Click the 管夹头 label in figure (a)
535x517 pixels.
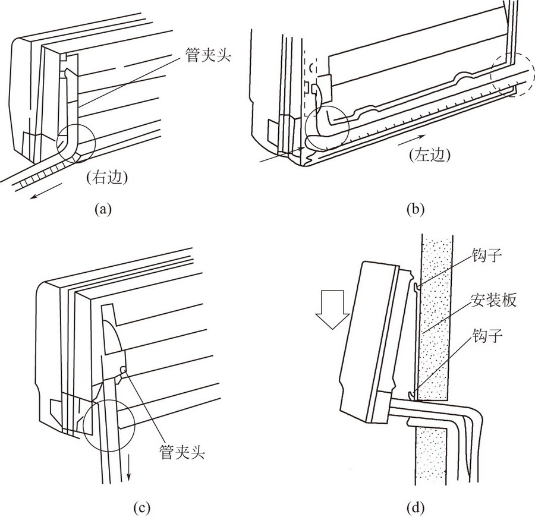coord(208,55)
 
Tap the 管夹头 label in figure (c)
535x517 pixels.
coord(182,453)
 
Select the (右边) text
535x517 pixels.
coord(107,177)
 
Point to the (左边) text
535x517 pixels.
coord(430,155)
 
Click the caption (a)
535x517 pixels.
coord(103,209)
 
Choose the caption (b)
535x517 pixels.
coord(416,209)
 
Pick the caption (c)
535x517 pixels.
coord(141,507)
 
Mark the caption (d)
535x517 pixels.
coord(416,507)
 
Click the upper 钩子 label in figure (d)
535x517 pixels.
coord(487,255)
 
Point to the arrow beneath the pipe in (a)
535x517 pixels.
coord(46,191)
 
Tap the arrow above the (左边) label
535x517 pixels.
coord(411,140)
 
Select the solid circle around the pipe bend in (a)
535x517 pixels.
coord(76,144)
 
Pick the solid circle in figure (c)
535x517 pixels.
coord(109,425)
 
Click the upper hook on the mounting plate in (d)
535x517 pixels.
coord(416,288)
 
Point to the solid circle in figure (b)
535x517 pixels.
coord(328,128)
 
